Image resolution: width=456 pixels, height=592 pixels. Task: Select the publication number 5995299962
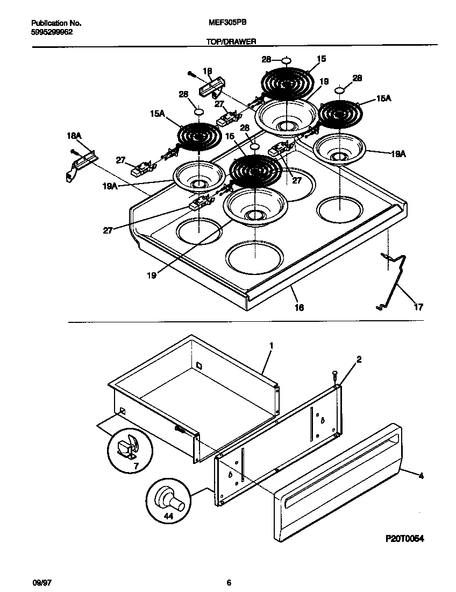[52, 32]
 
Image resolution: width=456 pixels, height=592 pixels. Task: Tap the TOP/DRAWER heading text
[231, 41]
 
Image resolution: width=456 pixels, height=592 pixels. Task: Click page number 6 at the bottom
[229, 583]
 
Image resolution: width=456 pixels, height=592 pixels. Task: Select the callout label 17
[418, 307]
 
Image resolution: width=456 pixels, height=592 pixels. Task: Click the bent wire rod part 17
[397, 283]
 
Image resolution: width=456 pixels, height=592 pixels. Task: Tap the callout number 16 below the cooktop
[299, 307]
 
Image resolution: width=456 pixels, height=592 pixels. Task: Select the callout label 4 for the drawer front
[421, 475]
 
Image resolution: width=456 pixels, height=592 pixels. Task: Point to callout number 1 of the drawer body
[272, 345]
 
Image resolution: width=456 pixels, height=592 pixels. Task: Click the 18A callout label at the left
[74, 137]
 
